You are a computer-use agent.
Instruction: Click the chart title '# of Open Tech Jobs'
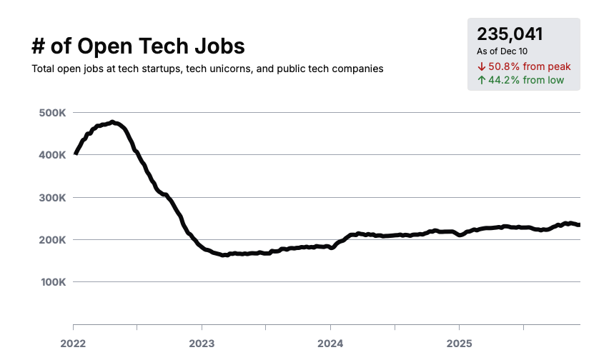click(x=138, y=46)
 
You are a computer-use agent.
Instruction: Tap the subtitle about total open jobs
click(x=207, y=69)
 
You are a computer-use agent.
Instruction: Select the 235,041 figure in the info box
click(x=510, y=34)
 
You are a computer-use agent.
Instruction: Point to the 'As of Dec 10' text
click(x=502, y=51)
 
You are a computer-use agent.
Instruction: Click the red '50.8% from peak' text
click(x=529, y=66)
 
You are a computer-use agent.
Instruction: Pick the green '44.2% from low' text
click(x=526, y=80)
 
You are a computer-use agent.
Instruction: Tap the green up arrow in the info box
click(x=481, y=80)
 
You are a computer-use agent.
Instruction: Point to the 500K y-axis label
click(x=52, y=113)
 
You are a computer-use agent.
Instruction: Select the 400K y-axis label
click(x=52, y=155)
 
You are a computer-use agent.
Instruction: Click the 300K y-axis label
click(x=52, y=197)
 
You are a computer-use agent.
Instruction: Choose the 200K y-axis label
click(x=52, y=240)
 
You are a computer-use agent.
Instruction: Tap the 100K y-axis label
click(x=52, y=282)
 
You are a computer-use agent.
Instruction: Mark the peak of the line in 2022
click(x=112, y=122)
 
